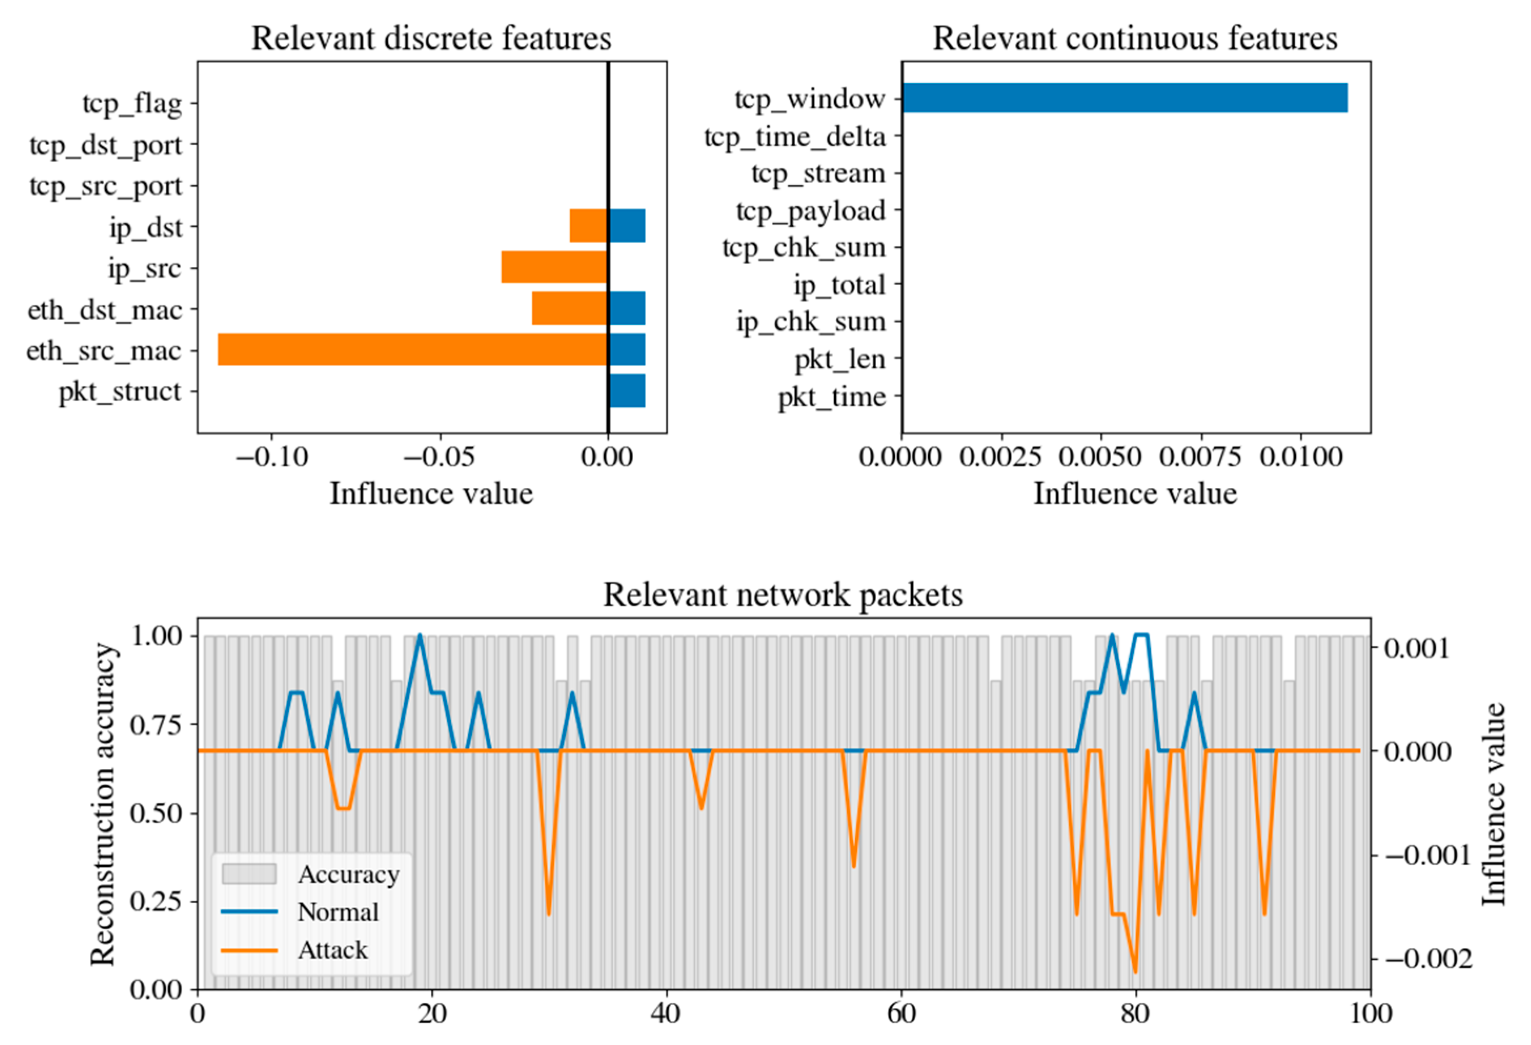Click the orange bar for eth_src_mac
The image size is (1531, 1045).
[412, 349]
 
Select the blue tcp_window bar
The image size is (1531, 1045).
[1124, 98]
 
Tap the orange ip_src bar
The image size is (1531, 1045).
[554, 267]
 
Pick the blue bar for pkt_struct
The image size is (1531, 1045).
[626, 391]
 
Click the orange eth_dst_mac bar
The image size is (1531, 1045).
[569, 308]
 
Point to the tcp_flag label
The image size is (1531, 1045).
[132, 104]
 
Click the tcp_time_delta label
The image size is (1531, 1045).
[795, 137]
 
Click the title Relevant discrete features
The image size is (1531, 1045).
[431, 38]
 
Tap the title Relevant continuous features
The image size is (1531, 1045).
[1134, 38]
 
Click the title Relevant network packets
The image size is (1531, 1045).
[783, 595]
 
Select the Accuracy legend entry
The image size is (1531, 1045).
[348, 875]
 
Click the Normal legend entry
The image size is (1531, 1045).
[337, 912]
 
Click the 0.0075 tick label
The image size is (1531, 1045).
[1200, 457]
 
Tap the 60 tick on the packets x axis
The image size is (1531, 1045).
[900, 1013]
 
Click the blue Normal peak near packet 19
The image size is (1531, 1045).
[420, 636]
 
